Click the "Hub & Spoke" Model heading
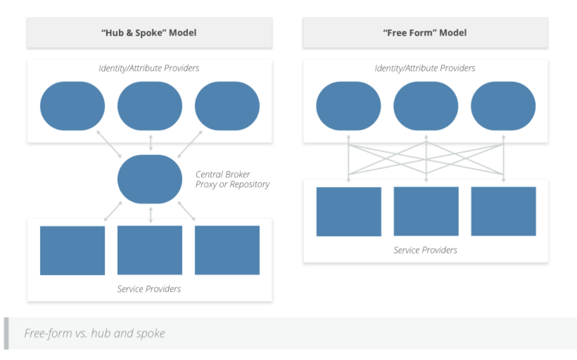coord(149,33)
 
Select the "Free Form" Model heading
coord(424,33)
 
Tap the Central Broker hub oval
coord(150,179)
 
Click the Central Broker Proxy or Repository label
coord(232,179)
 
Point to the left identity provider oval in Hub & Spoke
coord(73,106)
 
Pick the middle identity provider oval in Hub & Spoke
coord(150,106)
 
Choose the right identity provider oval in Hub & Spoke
coord(227,106)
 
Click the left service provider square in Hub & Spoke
coord(73,250)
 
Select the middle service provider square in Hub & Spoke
coord(150,250)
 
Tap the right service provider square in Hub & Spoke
coord(227,250)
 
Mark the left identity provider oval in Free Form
coord(348,106)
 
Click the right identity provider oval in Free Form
coord(503,106)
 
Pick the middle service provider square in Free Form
coord(426,211)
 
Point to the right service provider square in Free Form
coord(503,211)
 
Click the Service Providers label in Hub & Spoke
coord(149,289)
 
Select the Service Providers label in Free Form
coord(425,250)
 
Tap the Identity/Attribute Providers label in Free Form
coord(425,68)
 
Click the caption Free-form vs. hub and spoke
coord(95,333)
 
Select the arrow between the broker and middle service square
coord(150,214)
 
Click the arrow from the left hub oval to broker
coord(109,144)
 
